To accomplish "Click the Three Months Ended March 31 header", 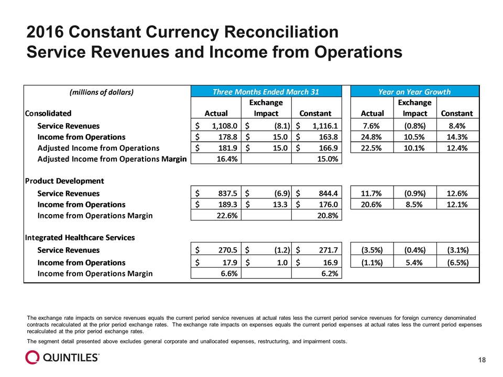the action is pyautogui.click(x=266, y=92).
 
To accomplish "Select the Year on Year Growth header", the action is pyautogui.click(x=414, y=92).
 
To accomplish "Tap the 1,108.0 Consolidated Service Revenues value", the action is pyautogui.click(x=225, y=126).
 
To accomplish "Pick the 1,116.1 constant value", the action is pyautogui.click(x=325, y=126).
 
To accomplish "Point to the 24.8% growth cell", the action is pyautogui.click(x=371, y=137).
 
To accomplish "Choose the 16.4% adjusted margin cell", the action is pyautogui.click(x=227, y=159).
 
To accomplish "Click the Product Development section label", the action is pyautogui.click(x=64, y=181).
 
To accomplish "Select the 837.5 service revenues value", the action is pyautogui.click(x=227, y=193).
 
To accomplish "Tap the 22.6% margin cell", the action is pyautogui.click(x=227, y=216).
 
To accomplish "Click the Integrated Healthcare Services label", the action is pyautogui.click(x=80, y=238).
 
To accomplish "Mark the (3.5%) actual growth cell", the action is pyautogui.click(x=372, y=250).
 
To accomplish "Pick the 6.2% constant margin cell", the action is pyautogui.click(x=330, y=273).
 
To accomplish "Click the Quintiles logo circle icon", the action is pyautogui.click(x=32, y=357).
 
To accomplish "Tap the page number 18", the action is pyautogui.click(x=482, y=360).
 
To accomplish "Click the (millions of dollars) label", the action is pyautogui.click(x=101, y=92).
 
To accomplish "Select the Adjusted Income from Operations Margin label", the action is pyautogui.click(x=112, y=159).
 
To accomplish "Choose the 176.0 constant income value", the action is pyautogui.click(x=328, y=205).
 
